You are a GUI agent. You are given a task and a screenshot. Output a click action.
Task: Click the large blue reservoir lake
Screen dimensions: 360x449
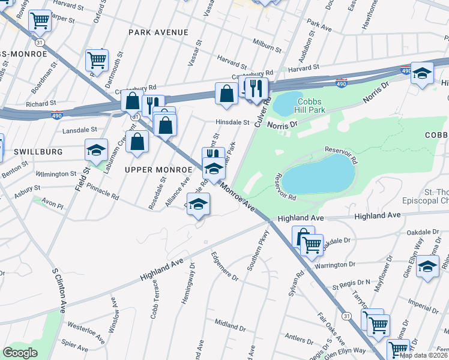tap(318, 175)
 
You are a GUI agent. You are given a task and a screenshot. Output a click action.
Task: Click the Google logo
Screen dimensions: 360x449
tap(20, 353)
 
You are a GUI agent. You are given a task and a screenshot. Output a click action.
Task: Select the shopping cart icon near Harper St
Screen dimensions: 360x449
tap(40, 20)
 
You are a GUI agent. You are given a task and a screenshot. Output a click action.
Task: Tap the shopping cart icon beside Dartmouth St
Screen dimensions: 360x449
tap(97, 59)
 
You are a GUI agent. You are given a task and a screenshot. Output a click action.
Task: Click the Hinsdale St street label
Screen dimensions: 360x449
tap(232, 122)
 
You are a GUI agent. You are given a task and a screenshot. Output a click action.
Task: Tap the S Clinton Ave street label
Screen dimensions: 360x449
tap(58, 290)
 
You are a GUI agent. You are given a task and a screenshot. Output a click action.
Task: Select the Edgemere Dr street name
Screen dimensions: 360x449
tap(224, 266)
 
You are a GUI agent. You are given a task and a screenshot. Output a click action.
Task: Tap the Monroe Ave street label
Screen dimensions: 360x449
tap(238, 196)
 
